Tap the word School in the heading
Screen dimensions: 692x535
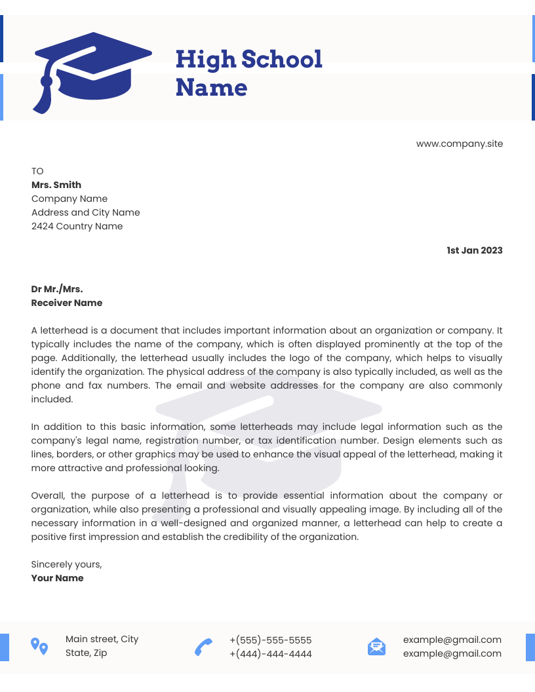pyautogui.click(x=282, y=60)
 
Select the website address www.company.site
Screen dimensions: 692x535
pyautogui.click(x=459, y=144)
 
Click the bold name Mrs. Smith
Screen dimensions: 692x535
pyautogui.click(x=56, y=185)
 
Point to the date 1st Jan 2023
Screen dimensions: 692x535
pyautogui.click(x=474, y=250)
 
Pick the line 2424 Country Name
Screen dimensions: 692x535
pyautogui.click(x=77, y=226)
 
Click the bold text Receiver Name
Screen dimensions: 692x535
pyautogui.click(x=67, y=303)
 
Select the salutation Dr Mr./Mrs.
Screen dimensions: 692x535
pyautogui.click(x=57, y=289)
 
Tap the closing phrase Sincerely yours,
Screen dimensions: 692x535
pyautogui.click(x=66, y=564)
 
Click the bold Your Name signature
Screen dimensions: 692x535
pyautogui.click(x=57, y=578)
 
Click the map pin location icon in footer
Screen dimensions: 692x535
pyautogui.click(x=39, y=646)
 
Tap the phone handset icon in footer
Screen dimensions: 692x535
pyautogui.click(x=203, y=647)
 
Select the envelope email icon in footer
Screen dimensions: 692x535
pyautogui.click(x=376, y=647)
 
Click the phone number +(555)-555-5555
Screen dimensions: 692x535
pyautogui.click(x=270, y=640)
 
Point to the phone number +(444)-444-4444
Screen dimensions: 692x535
pyautogui.click(x=270, y=654)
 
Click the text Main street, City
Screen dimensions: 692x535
pyautogui.click(x=102, y=639)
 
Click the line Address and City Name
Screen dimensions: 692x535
pyautogui.click(x=85, y=212)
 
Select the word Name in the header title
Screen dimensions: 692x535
pyautogui.click(x=211, y=88)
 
